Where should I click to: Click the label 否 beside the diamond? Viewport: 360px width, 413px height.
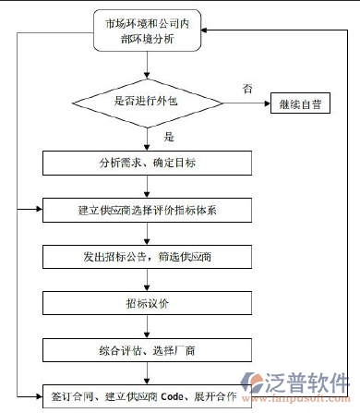click(x=246, y=89)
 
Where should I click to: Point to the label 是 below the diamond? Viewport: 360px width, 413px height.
click(x=169, y=137)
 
